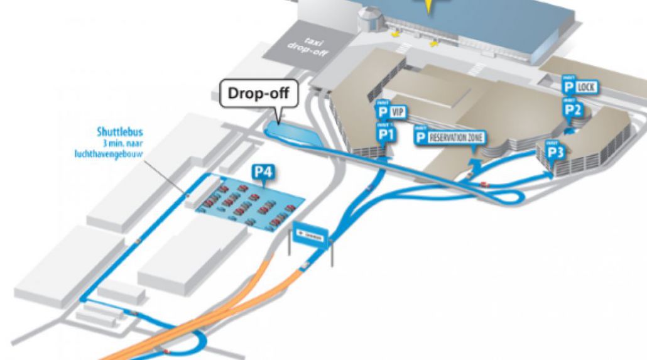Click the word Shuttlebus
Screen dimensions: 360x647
[x=120, y=132]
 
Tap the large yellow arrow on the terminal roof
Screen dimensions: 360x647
[x=430, y=6]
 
